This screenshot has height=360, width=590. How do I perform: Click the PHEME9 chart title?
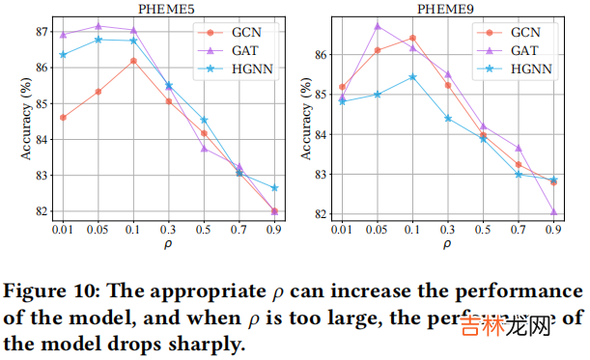pyautogui.click(x=446, y=9)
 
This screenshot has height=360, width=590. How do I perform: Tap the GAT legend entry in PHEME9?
pyautogui.click(x=520, y=50)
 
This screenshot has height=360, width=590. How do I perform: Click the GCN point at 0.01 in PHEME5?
pyautogui.click(x=63, y=118)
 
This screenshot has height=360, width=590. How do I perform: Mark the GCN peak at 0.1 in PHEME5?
pyautogui.click(x=133, y=61)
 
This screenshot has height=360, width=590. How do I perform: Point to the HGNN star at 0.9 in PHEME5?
pyautogui.click(x=274, y=188)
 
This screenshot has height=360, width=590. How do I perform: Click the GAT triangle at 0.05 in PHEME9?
pyautogui.click(x=377, y=26)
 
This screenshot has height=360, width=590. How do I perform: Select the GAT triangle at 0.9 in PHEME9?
pyautogui.click(x=553, y=212)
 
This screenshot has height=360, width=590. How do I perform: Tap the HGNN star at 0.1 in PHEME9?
pyautogui.click(x=412, y=77)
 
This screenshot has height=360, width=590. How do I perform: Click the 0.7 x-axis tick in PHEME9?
pyautogui.click(x=518, y=232)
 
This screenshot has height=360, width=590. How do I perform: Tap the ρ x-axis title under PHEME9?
pyautogui.click(x=447, y=247)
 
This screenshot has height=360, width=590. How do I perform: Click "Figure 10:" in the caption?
pyautogui.click(x=52, y=291)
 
